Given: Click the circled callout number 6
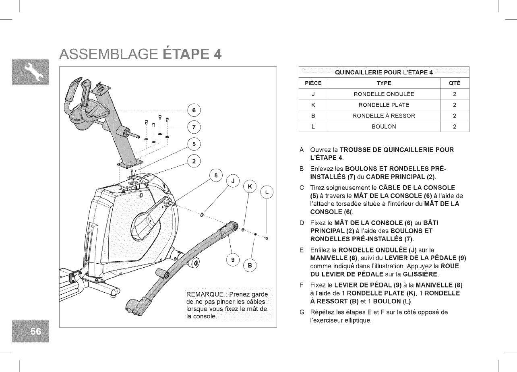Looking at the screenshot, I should (194, 110).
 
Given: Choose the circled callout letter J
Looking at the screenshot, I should (233, 181).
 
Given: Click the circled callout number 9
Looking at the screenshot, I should (233, 259).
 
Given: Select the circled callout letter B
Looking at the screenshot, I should (250, 265).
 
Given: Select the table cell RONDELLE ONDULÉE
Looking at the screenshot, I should (384, 94).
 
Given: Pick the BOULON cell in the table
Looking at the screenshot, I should (384, 126).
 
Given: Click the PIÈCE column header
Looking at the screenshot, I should (313, 83).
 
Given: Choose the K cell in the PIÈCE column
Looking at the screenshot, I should (313, 105).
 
